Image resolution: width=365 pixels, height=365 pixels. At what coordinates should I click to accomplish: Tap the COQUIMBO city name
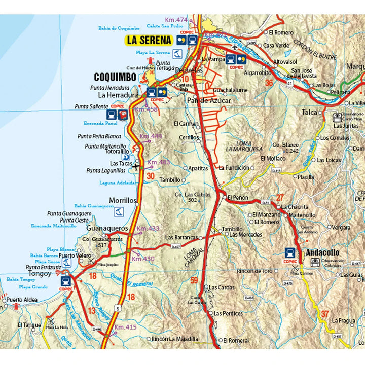click(115, 77)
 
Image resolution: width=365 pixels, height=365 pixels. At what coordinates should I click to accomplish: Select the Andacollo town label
click(322, 252)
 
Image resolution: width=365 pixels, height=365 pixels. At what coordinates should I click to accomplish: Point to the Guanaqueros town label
click(106, 228)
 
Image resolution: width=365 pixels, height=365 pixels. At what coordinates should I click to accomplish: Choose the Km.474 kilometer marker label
click(175, 20)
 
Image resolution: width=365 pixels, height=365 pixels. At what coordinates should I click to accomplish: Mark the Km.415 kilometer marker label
click(125, 327)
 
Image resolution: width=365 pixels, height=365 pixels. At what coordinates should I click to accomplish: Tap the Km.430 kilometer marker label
click(142, 259)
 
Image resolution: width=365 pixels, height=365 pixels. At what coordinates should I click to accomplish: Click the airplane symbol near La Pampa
click(234, 47)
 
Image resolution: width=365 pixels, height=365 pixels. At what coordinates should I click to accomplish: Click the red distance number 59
click(194, 280)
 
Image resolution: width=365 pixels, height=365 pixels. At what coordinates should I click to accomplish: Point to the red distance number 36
click(269, 83)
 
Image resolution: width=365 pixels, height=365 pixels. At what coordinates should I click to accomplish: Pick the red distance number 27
click(279, 197)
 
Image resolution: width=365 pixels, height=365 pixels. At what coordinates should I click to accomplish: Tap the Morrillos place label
click(123, 200)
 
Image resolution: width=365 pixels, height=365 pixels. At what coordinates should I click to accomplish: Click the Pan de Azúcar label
click(209, 101)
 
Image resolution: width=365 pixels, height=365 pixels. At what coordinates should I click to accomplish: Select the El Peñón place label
click(237, 197)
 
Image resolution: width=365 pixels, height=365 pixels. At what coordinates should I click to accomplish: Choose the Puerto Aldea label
click(22, 300)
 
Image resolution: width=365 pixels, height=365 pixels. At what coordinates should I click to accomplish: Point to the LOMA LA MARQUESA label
click(244, 147)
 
